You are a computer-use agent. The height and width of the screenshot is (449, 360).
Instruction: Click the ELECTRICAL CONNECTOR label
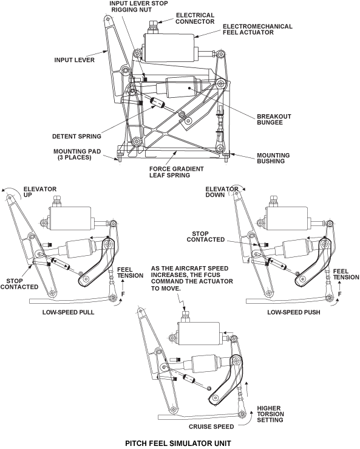195,18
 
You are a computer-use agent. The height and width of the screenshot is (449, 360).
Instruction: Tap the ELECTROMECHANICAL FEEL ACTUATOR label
257,29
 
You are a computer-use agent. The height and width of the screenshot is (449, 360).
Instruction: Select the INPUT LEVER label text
75,60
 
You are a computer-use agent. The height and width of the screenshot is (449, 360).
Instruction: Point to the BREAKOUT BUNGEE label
274,120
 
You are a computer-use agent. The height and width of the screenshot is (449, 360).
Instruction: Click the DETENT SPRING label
76,136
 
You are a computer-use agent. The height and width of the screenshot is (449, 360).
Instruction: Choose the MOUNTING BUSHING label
273,158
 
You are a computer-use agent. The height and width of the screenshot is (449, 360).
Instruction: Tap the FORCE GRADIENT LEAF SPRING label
176,172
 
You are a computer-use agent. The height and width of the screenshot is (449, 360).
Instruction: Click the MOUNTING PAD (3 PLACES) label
77,154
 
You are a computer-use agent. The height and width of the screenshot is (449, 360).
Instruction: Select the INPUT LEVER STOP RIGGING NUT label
138,6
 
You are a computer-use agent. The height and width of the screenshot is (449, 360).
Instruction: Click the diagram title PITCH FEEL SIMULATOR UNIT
178,444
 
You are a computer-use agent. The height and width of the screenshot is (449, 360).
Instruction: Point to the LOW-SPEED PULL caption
68,312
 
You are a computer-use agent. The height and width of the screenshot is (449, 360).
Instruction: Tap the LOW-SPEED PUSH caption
294,312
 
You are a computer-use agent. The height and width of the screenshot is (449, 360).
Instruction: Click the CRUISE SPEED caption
211,427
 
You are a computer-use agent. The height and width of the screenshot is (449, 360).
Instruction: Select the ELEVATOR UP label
40,192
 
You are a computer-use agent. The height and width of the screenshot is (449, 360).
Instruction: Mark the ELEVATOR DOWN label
222,192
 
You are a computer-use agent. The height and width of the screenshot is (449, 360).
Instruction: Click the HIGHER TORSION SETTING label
270,414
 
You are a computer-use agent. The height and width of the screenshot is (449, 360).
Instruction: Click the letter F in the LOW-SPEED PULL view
123,294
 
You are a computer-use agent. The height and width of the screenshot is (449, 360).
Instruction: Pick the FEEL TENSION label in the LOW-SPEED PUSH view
346,275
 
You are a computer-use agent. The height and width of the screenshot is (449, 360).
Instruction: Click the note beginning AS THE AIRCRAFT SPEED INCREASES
192,278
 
